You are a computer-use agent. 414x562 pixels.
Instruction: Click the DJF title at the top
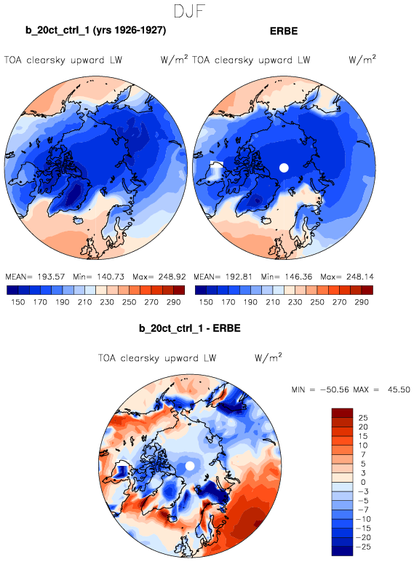pos(189,11)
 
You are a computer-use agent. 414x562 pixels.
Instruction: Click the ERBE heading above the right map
pos(284,31)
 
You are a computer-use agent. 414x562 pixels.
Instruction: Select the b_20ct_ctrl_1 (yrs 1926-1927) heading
pos(95,31)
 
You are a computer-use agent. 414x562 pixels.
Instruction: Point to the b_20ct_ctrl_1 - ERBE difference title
pos(190,328)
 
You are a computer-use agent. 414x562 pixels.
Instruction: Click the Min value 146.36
pos(298,277)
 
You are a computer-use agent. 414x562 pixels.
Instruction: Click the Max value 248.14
pos(360,277)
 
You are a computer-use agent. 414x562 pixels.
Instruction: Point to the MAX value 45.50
pos(399,389)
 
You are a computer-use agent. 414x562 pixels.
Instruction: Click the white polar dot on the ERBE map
pos(284,167)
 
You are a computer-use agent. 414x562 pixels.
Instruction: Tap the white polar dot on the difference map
pos(190,466)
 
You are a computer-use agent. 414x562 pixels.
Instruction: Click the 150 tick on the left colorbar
pos(18,302)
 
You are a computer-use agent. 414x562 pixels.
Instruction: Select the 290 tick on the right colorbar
pos(362,302)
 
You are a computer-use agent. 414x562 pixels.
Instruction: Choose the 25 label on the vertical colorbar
pos(363,418)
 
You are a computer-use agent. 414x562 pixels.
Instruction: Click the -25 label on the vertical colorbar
pos(363,547)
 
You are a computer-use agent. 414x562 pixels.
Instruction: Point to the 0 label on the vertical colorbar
pos(363,483)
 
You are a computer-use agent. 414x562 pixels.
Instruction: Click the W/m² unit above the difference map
pos(268,357)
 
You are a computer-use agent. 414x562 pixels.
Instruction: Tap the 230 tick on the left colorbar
pos(107,302)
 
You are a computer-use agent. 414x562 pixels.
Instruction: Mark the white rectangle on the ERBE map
pos(216,165)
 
